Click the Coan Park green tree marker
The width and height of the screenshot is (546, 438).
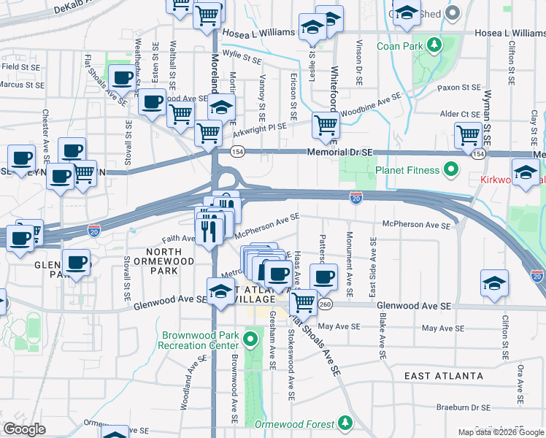[x=435, y=45]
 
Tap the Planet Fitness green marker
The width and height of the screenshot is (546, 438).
[x=451, y=171]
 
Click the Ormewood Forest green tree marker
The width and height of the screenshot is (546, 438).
[x=344, y=423]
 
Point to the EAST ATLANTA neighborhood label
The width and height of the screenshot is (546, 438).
[x=444, y=376]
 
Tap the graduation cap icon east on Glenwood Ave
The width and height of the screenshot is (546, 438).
[x=494, y=283]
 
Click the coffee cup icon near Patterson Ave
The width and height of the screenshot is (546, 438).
[x=323, y=277]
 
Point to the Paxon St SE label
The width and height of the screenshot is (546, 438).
[x=458, y=88]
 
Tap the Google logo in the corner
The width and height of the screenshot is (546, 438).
[x=24, y=429]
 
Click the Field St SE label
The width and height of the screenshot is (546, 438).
[x=20, y=66]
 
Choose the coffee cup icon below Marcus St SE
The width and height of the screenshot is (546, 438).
[x=123, y=77]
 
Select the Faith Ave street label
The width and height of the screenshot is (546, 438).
[x=179, y=239]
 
